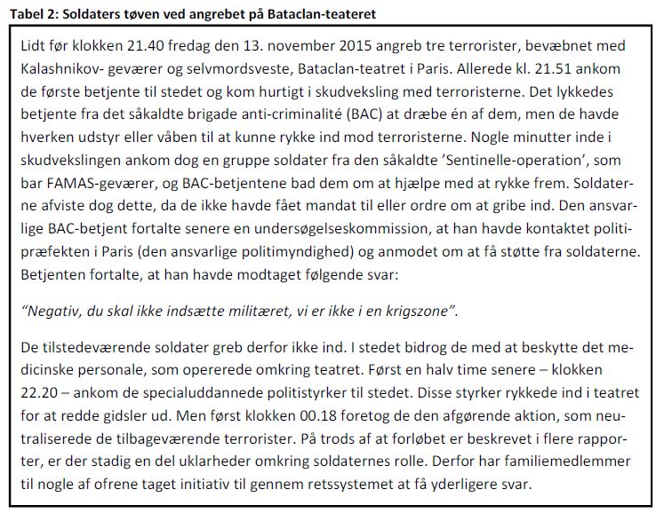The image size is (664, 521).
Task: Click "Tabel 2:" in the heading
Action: coord(31,9)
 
